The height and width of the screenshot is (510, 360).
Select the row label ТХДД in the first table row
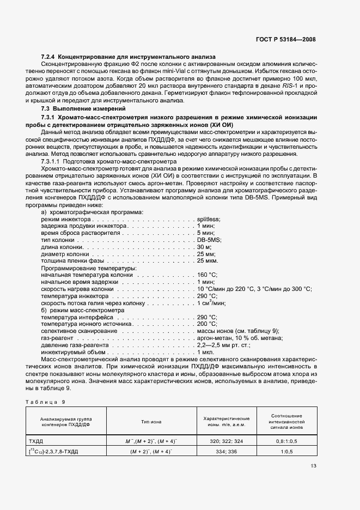[x=36, y=440]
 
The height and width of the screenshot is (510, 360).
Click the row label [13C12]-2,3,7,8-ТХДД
[x=54, y=451]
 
